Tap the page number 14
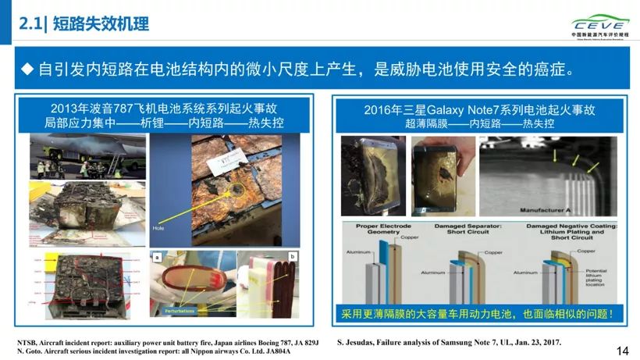pos(622,351)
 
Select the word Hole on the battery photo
pos(158,230)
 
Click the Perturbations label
pos(180,310)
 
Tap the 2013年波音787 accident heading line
pos(163,109)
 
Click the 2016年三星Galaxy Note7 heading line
pos(479,110)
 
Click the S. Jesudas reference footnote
pos(449,342)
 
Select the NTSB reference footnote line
pos(167,342)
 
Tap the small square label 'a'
pos(157,256)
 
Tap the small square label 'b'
pos(293,256)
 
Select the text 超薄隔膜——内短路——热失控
pos(479,123)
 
